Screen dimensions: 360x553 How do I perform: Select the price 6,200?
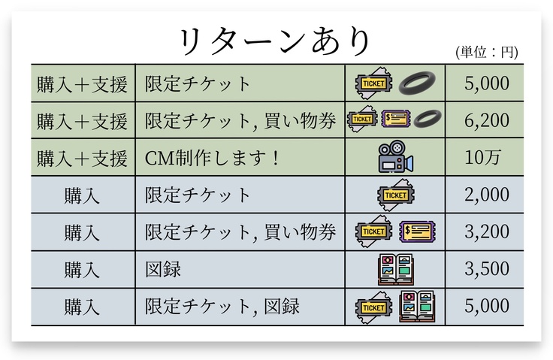click(x=487, y=120)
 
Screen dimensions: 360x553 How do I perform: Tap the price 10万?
click(x=487, y=158)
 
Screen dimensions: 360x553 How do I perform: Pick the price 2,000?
click(x=487, y=195)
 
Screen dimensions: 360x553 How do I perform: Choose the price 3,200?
click(x=487, y=232)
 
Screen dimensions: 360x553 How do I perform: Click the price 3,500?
click(x=487, y=269)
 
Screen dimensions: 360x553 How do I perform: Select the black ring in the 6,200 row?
click(x=426, y=119)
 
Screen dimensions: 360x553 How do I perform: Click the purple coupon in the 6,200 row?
click(x=395, y=119)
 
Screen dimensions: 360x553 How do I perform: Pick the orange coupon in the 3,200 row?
click(x=417, y=231)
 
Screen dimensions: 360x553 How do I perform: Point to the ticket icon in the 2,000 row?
click(x=396, y=195)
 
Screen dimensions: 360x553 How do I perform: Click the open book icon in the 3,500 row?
click(x=396, y=269)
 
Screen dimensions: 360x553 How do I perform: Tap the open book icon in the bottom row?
click(x=417, y=306)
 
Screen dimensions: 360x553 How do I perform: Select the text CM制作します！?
click(x=211, y=158)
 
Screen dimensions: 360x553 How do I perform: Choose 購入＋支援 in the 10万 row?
click(x=83, y=158)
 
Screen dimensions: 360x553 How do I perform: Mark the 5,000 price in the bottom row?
click(x=487, y=306)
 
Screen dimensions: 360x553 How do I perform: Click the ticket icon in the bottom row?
click(x=373, y=306)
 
